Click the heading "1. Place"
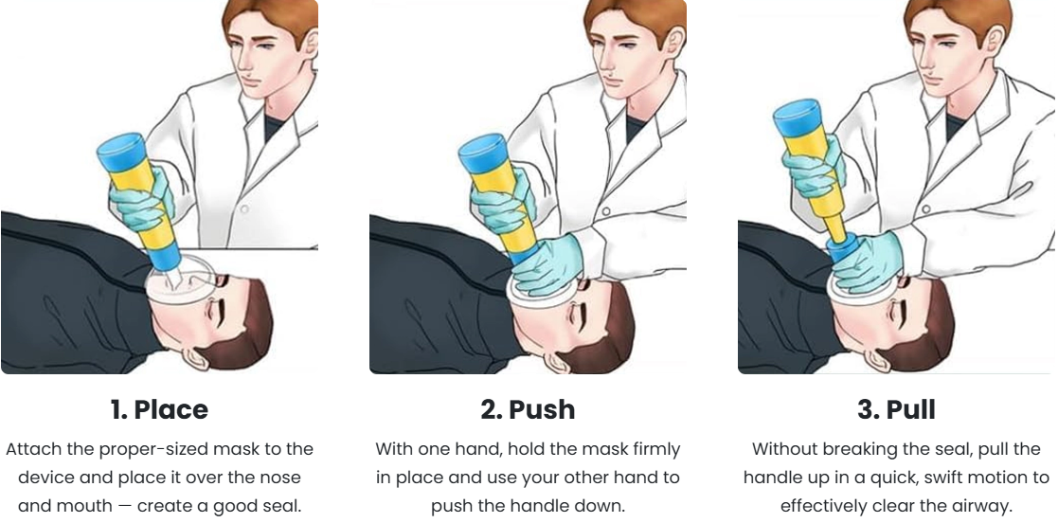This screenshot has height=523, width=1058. point(159,409)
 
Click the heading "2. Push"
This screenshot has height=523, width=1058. point(528,409)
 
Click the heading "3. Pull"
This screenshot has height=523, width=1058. point(896,409)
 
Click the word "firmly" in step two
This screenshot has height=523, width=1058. point(651,448)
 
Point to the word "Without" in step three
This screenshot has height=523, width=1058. point(785,448)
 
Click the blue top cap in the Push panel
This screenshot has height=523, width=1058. point(484,148)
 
